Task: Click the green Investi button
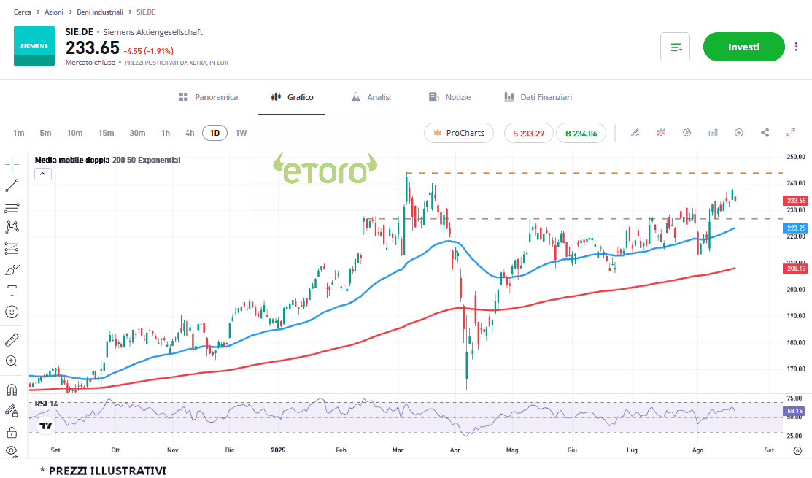tap(743, 47)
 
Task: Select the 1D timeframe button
tap(214, 133)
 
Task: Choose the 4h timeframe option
tap(190, 133)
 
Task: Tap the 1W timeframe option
tap(241, 133)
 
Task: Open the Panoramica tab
tap(209, 97)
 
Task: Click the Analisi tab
tap(371, 97)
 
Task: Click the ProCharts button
tap(459, 133)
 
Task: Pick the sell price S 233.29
tap(528, 133)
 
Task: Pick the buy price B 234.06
tap(581, 133)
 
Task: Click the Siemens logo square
tap(34, 46)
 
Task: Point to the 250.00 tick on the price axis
tap(795, 157)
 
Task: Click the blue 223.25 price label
tap(796, 228)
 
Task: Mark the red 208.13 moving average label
tap(796, 269)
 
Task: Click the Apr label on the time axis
tap(456, 450)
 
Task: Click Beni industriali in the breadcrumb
tap(101, 12)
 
